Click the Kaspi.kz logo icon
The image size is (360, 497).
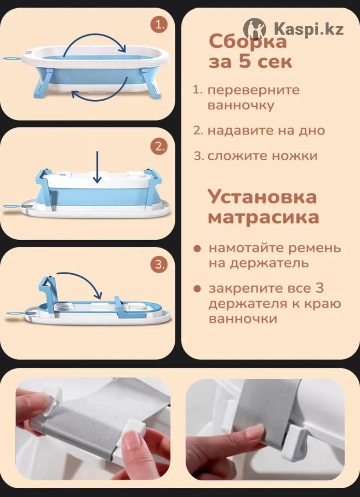pos(255,29)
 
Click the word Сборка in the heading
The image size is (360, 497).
pos(248,41)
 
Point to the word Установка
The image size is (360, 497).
pos(262,197)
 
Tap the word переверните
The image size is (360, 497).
pos(254,90)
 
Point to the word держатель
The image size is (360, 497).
pos(258,263)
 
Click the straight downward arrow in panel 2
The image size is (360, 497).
pos(97,167)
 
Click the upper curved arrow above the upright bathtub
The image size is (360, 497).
pos(94,35)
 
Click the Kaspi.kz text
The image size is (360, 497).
pos(309,29)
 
